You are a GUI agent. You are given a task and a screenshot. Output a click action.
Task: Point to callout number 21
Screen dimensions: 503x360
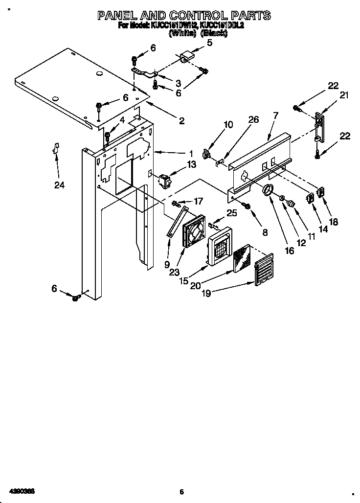[x=344, y=96]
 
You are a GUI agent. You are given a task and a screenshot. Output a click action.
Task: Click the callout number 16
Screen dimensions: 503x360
[x=290, y=251]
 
